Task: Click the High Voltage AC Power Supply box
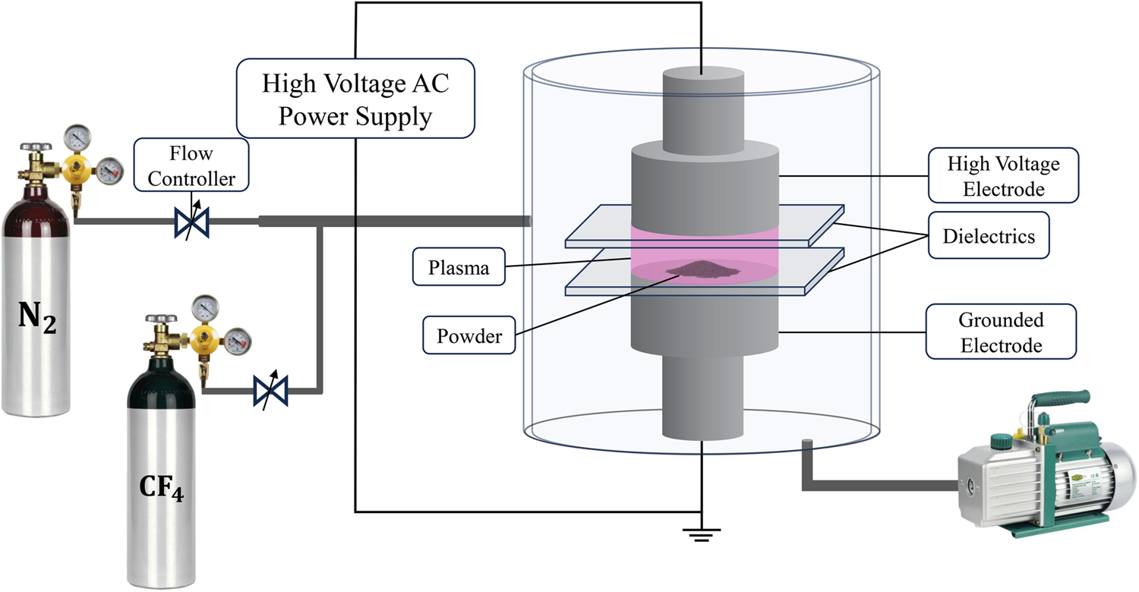click(355, 99)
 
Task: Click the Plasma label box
click(459, 268)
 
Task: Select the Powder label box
click(469, 335)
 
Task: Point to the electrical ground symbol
click(699, 534)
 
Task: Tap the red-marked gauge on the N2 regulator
click(109, 170)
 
